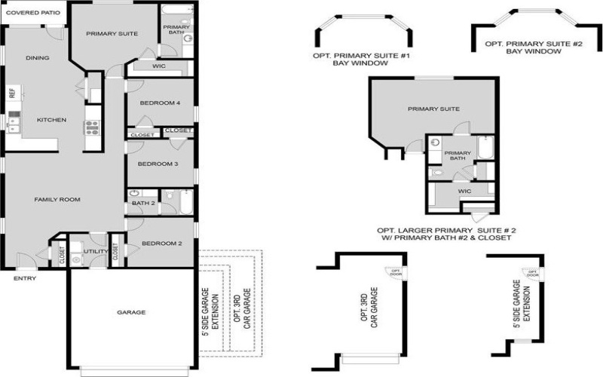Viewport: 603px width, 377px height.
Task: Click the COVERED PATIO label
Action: coord(34,12)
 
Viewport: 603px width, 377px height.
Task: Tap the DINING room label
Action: coord(37,58)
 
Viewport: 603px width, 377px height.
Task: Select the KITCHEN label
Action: coord(52,120)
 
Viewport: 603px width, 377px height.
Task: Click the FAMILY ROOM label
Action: coord(57,199)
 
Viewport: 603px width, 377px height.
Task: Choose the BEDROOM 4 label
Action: coord(159,103)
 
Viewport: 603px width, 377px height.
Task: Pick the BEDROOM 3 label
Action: coord(157,164)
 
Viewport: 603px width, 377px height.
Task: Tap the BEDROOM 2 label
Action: coord(163,244)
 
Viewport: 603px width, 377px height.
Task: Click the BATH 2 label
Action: coord(143,203)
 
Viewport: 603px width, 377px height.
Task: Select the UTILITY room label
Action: coord(94,251)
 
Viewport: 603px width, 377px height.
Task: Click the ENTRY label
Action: coord(24,278)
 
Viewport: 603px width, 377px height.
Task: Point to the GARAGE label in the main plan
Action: coord(131,311)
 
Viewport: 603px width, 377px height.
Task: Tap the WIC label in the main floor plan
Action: coord(159,66)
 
